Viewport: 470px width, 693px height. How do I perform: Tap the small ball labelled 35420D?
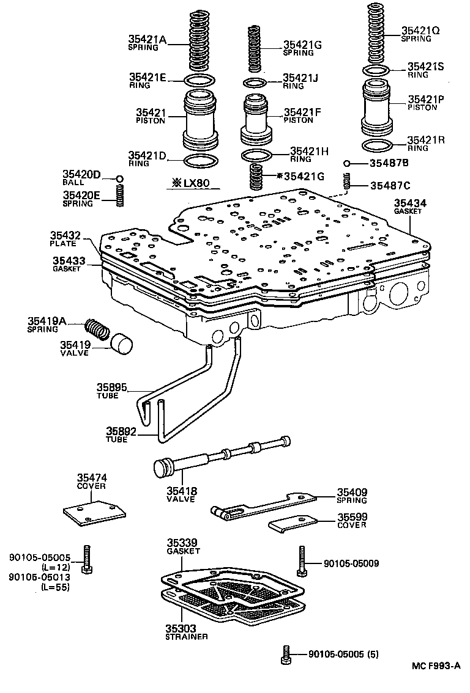[120, 178]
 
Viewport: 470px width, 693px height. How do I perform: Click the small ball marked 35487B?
[346, 163]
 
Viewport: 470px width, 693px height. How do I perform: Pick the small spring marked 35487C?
[346, 182]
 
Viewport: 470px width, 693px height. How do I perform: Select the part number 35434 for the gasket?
[410, 203]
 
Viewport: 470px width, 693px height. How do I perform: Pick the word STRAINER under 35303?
[187, 637]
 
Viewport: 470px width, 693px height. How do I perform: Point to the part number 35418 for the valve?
[179, 490]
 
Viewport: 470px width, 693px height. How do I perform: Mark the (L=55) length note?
[54, 587]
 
